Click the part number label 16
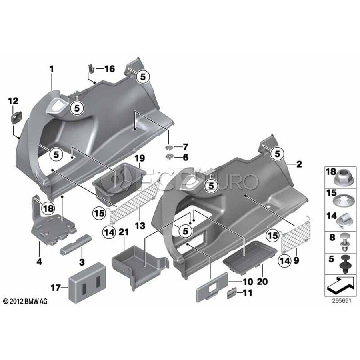[110, 69]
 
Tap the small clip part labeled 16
[91, 68]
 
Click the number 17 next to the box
[56, 288]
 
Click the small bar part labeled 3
[76, 244]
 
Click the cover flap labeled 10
[212, 287]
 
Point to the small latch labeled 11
[232, 294]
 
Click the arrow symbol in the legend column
[340, 285]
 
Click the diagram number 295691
[342, 301]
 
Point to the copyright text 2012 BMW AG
[25, 301]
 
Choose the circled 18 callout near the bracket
[48, 208]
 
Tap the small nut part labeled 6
[169, 157]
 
